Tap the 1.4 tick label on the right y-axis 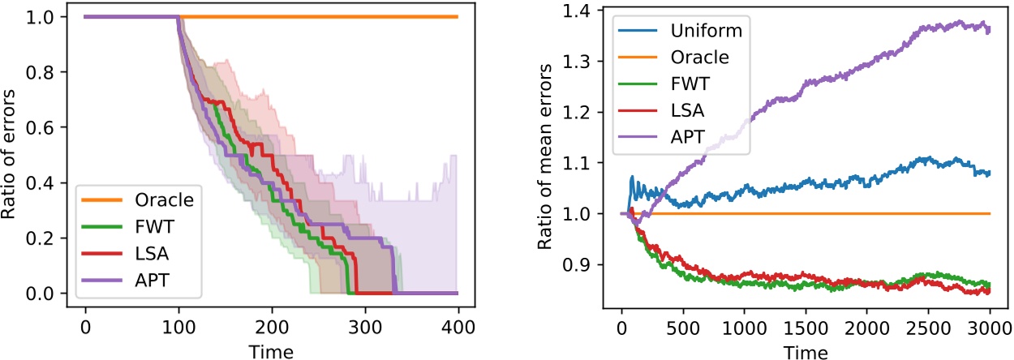point(585,11)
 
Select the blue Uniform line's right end point(990,173)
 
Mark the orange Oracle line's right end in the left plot point(458,16)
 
